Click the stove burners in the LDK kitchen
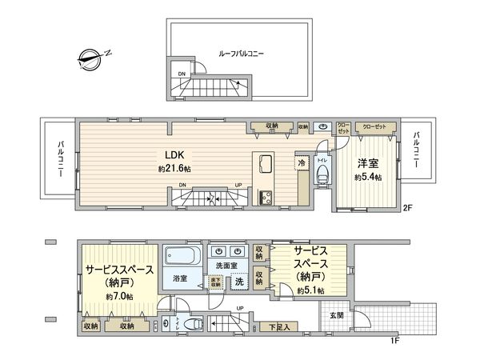coord(265,198)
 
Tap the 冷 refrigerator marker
coord(302,162)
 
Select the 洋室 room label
coord(368,161)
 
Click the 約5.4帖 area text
coord(368,176)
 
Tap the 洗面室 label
coord(225,265)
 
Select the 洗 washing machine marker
coord(238,281)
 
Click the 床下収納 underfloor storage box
coord(216,282)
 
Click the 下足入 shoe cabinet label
coord(279,326)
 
